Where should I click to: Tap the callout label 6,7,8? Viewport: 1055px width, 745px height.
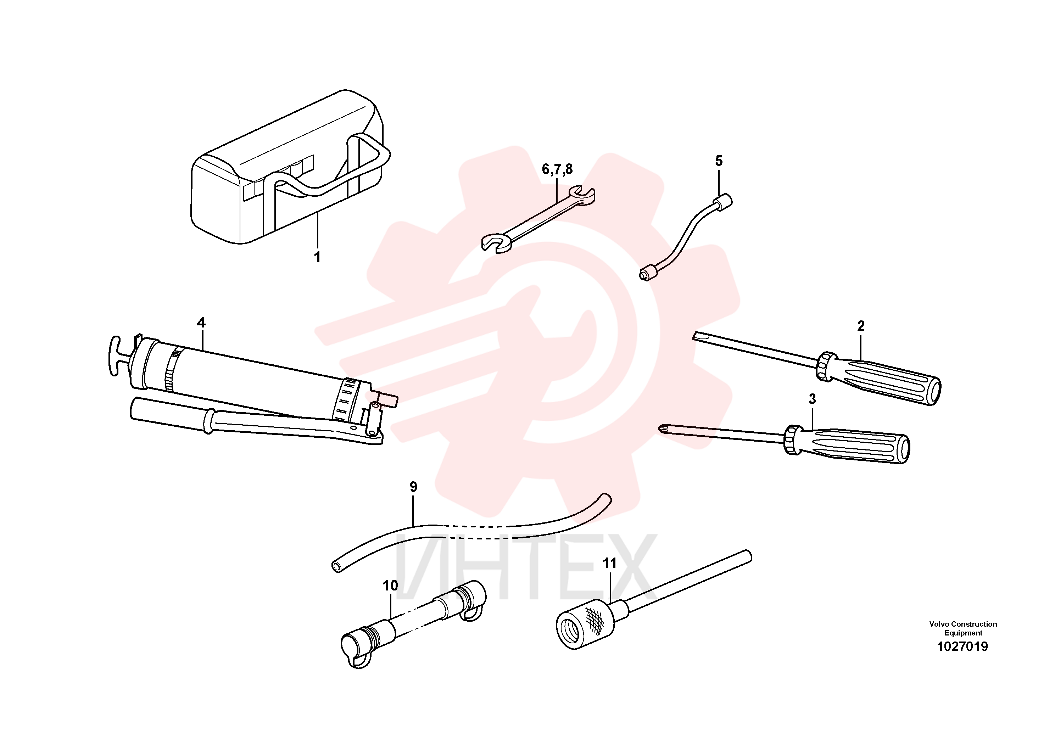[x=557, y=169]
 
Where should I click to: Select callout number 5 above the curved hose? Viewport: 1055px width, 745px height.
[x=719, y=161]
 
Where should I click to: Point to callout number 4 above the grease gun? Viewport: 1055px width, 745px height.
[x=201, y=323]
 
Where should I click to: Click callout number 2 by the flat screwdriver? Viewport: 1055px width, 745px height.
[x=861, y=326]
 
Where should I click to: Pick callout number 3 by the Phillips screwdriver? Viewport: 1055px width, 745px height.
[x=812, y=399]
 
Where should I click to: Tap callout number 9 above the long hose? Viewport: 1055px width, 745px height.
[x=413, y=487]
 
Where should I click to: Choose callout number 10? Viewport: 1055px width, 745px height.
[x=390, y=586]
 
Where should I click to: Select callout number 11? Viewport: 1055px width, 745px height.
[x=609, y=563]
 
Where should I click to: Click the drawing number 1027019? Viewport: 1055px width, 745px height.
[x=962, y=647]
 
